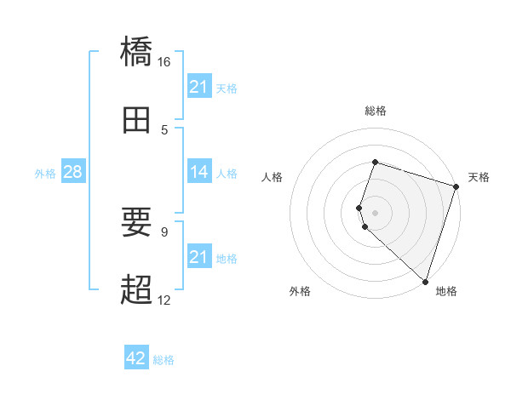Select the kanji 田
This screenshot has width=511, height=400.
136,121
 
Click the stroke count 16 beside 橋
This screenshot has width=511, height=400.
164,61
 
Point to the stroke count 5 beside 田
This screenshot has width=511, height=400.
164,129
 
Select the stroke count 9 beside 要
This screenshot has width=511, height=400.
164,231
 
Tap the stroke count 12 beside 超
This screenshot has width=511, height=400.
164,300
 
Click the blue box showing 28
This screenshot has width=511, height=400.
72,173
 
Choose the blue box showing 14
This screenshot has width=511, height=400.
198,173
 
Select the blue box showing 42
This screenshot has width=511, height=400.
136,358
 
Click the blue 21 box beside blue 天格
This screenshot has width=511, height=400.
198,87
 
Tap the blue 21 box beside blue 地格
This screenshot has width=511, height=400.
198,257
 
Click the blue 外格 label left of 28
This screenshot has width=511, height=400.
45,174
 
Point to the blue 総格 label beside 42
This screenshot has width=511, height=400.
164,360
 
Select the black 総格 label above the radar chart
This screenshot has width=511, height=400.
375,111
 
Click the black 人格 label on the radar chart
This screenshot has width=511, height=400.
273,177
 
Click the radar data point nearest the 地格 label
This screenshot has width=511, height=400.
425,281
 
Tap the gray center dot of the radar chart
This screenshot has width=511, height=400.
375,212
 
